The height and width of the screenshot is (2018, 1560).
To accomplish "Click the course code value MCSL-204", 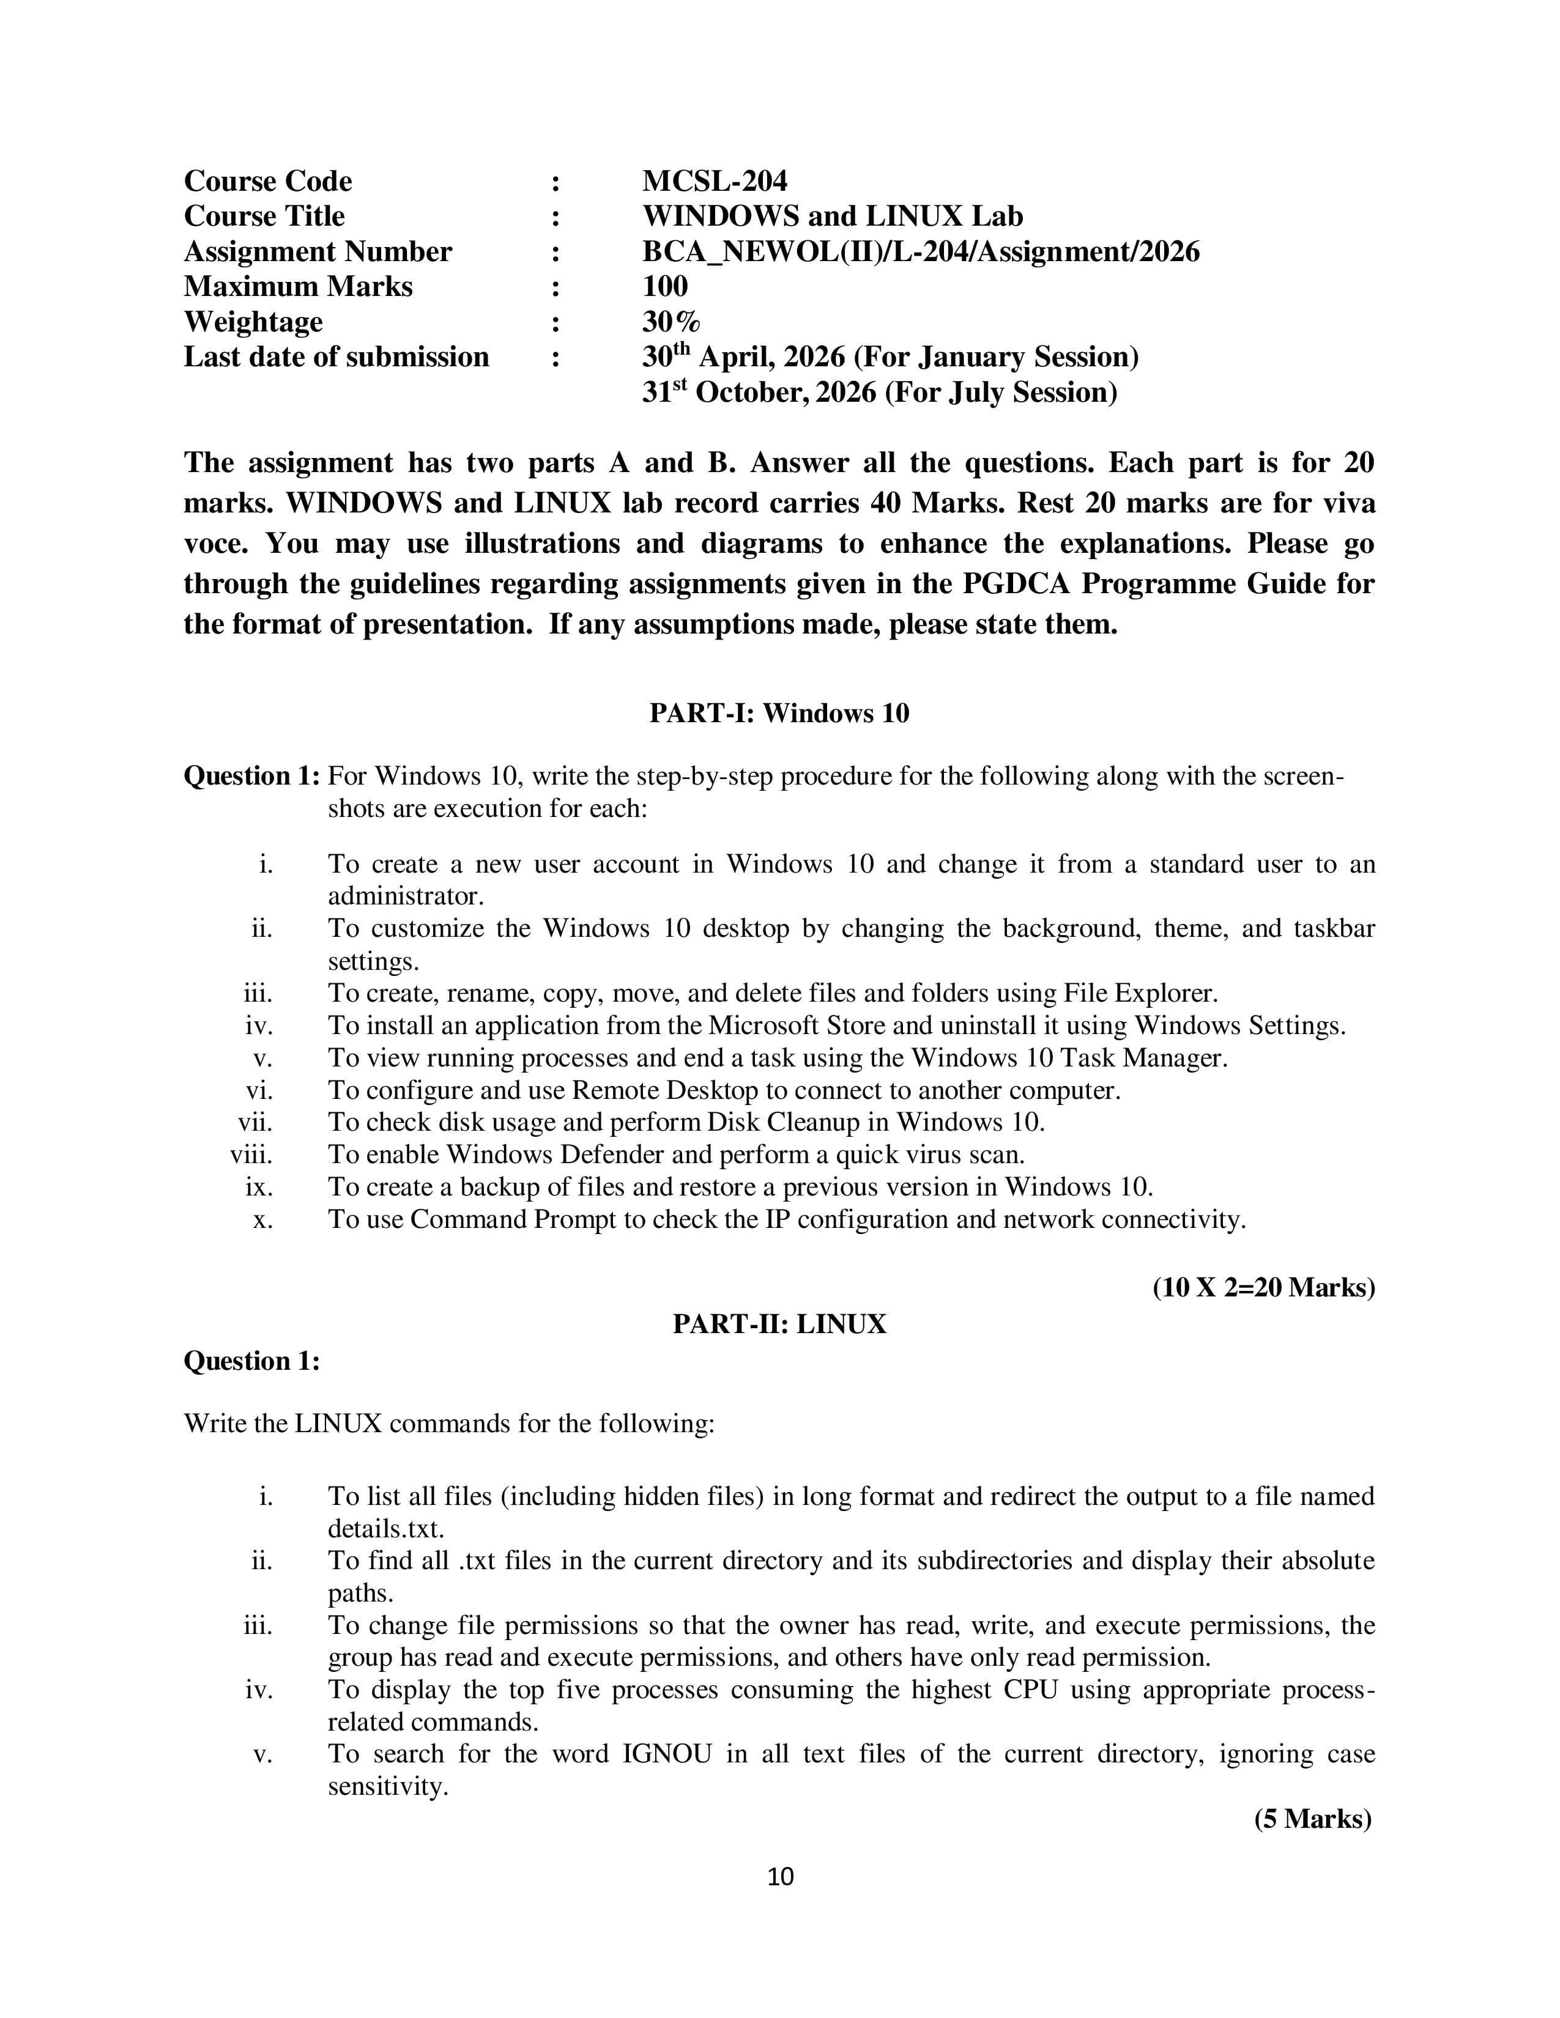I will pos(715,181).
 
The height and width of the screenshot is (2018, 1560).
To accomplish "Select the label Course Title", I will pos(264,216).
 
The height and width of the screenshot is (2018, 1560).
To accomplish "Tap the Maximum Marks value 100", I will pos(664,286).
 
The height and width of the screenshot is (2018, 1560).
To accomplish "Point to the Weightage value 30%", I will pos(671,322).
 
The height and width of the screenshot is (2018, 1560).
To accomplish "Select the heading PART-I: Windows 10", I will pos(779,713).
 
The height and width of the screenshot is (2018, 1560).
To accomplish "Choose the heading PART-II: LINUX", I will pos(779,1324).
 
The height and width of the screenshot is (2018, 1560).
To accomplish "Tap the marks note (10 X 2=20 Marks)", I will pos(1263,1287).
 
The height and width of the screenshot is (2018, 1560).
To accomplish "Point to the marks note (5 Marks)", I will pos(1312,1819).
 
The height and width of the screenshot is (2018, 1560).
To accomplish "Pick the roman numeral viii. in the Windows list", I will pos(251,1155).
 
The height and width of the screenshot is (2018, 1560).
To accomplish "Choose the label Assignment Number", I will pos(318,251).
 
